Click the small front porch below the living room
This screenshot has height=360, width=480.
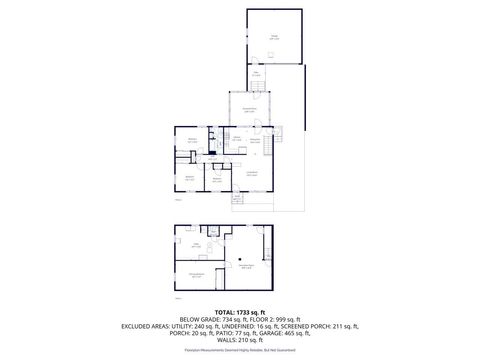coord(237,198)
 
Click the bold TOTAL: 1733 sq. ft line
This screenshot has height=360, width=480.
coord(240,312)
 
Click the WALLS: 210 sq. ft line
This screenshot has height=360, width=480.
coord(240,340)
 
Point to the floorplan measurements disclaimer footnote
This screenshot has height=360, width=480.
coord(240,350)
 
